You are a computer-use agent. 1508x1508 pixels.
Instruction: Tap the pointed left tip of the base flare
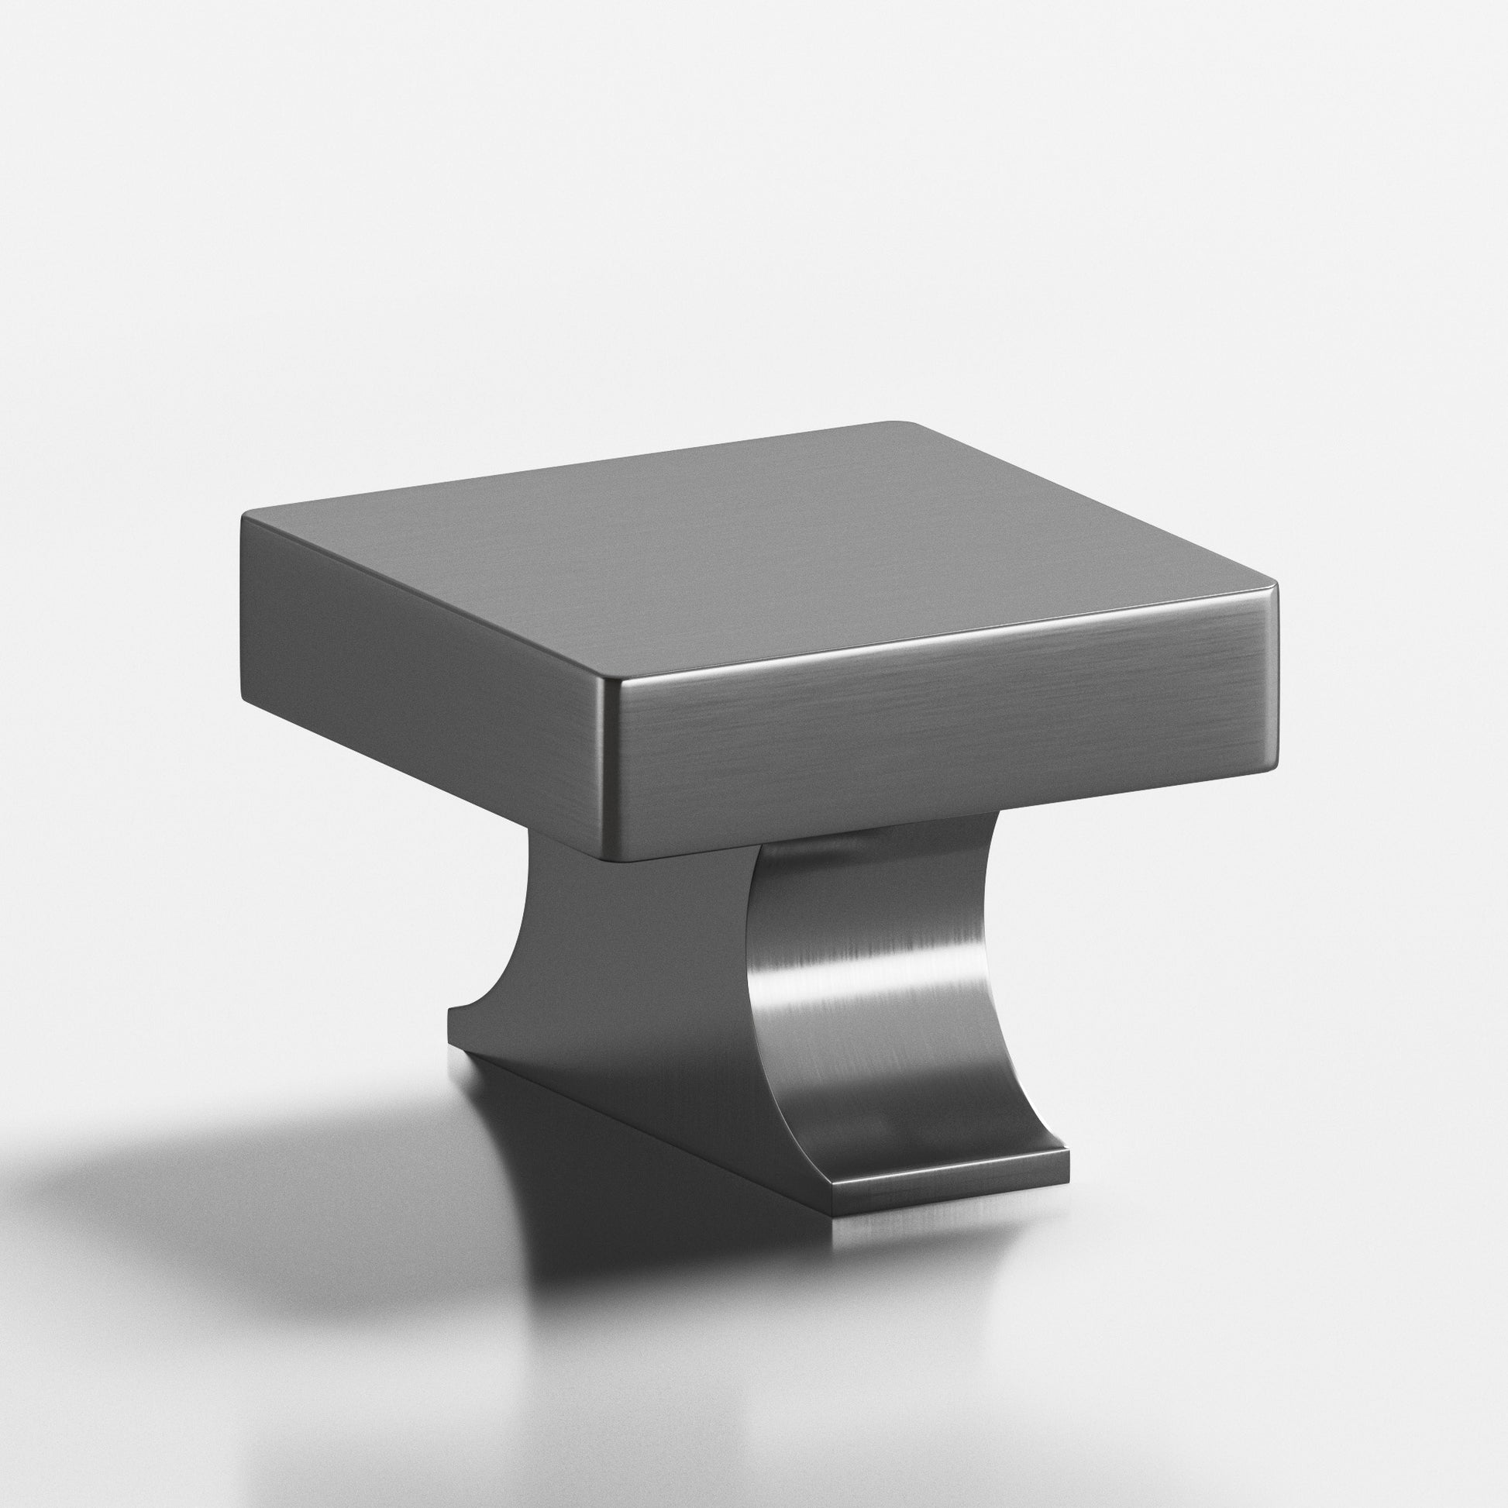(x=449, y=1010)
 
